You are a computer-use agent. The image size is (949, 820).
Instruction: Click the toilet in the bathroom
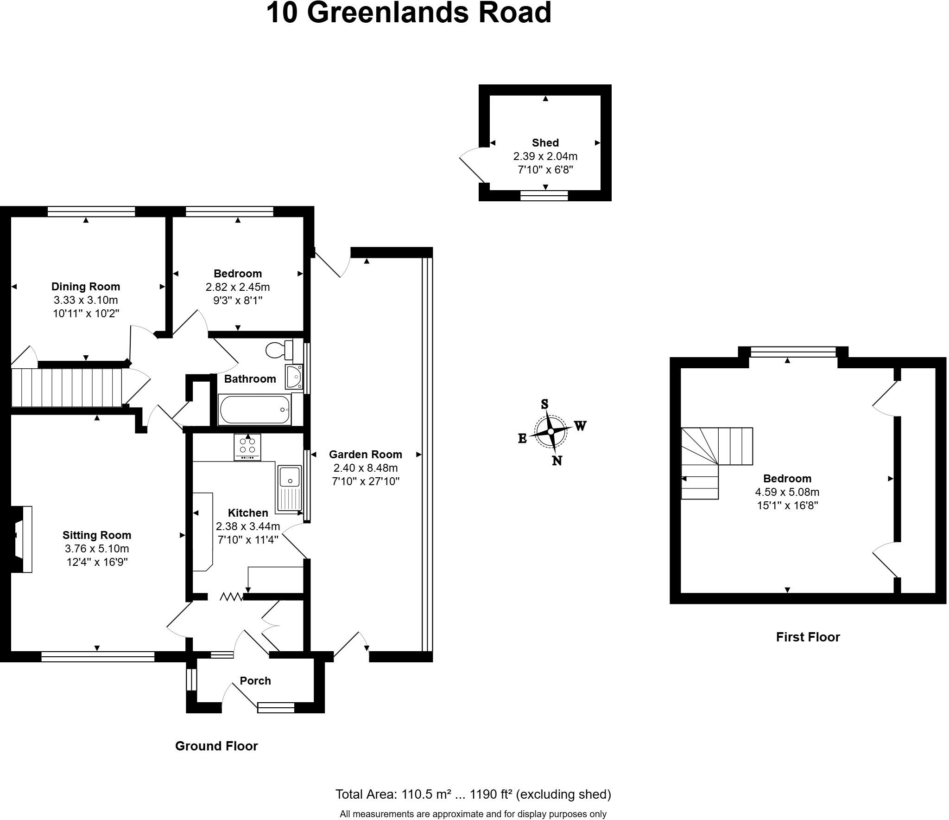280,350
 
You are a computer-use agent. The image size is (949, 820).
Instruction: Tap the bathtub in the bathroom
254,410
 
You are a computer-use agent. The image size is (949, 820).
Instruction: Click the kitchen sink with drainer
289,488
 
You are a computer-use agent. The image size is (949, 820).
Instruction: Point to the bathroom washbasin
294,376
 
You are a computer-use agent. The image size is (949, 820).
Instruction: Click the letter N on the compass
557,461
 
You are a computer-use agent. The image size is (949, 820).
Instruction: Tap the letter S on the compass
545,404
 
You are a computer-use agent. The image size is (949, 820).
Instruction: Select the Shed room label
545,143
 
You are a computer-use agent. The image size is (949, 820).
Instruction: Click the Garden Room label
365,455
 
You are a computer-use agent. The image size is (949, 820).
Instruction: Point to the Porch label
255,681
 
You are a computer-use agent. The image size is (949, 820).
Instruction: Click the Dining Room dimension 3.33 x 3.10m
85,300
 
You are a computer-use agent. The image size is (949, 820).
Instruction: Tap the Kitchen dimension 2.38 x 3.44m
247,526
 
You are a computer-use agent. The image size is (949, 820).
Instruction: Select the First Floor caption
808,637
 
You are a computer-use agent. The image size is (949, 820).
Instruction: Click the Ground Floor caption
216,746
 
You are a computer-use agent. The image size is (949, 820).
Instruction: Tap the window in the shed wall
544,195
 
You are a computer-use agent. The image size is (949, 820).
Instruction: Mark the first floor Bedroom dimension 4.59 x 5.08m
787,492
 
